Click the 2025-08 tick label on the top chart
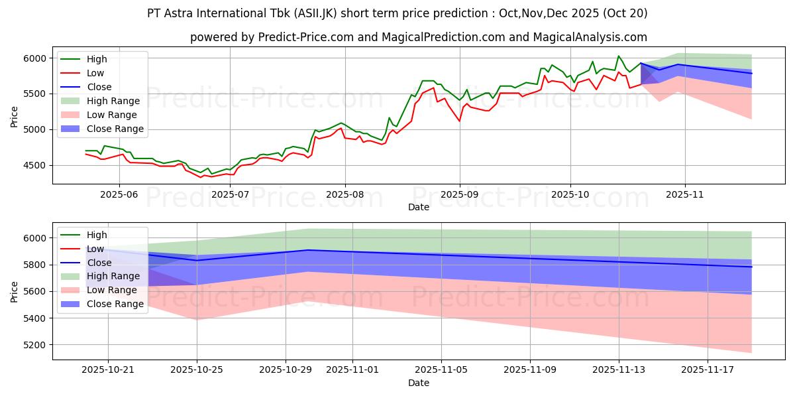(344, 195)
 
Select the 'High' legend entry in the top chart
(97, 59)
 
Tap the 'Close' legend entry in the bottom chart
(99, 262)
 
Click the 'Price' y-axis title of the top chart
(14, 115)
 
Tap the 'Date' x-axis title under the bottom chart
(418, 383)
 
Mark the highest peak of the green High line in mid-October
(618, 56)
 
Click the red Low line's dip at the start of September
(459, 121)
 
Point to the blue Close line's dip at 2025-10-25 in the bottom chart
(197, 260)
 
